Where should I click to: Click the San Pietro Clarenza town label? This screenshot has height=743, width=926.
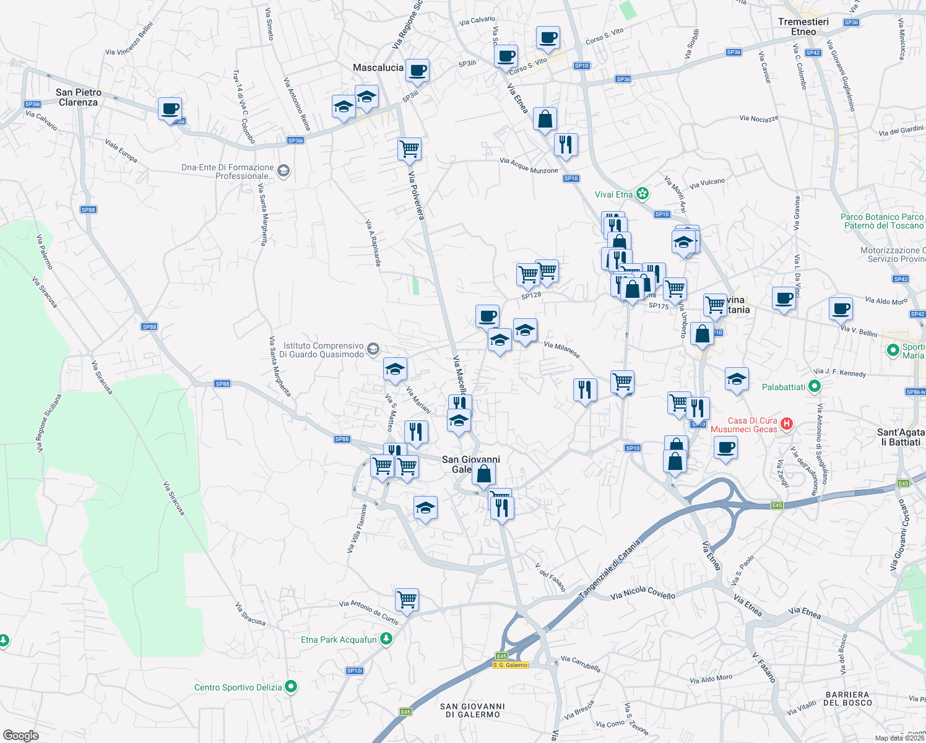click(79, 97)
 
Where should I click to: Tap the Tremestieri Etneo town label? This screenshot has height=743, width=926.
click(803, 27)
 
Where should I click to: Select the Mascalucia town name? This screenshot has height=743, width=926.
click(378, 67)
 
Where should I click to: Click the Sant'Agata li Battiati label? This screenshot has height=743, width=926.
click(901, 437)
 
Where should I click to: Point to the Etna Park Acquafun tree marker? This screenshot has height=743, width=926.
click(386, 638)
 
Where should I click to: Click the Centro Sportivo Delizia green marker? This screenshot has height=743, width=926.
click(291, 687)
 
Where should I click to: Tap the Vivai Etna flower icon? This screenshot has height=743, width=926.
click(643, 194)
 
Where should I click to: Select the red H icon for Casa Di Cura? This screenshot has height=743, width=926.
click(786, 424)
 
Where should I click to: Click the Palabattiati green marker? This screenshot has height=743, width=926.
click(815, 387)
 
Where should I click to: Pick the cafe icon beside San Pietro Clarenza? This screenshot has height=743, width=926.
click(170, 109)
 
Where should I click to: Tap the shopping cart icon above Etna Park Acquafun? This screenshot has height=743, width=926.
click(407, 599)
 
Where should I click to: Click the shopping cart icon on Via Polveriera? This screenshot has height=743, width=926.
click(409, 149)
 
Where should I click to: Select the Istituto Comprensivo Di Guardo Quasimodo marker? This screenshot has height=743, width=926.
click(373, 349)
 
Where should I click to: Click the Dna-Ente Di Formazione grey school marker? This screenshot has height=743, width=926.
click(283, 170)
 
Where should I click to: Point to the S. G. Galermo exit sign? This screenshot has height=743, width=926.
click(510, 665)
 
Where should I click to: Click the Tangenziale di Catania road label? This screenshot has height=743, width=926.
click(609, 568)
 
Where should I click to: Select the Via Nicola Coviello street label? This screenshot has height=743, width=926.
click(643, 593)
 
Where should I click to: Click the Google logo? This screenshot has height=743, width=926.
click(20, 735)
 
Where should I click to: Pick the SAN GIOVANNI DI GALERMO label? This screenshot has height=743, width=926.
click(472, 710)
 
